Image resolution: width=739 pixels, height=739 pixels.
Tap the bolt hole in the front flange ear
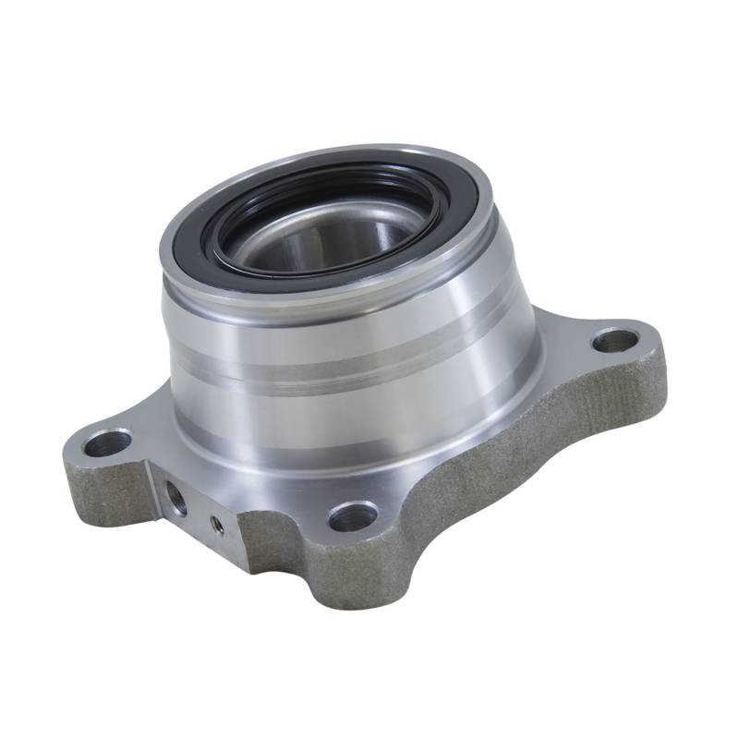353,515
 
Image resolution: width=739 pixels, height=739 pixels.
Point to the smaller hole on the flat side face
216,524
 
